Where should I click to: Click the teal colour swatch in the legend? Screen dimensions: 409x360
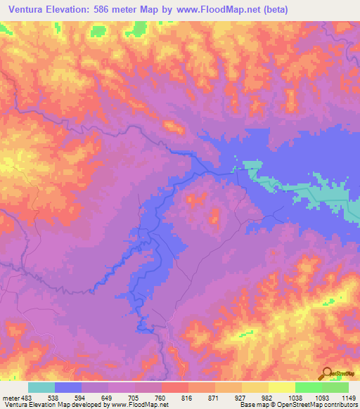(x=41, y=387)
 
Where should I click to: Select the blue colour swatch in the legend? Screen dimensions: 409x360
(x=68, y=387)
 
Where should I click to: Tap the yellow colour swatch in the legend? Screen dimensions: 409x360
(x=281, y=387)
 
